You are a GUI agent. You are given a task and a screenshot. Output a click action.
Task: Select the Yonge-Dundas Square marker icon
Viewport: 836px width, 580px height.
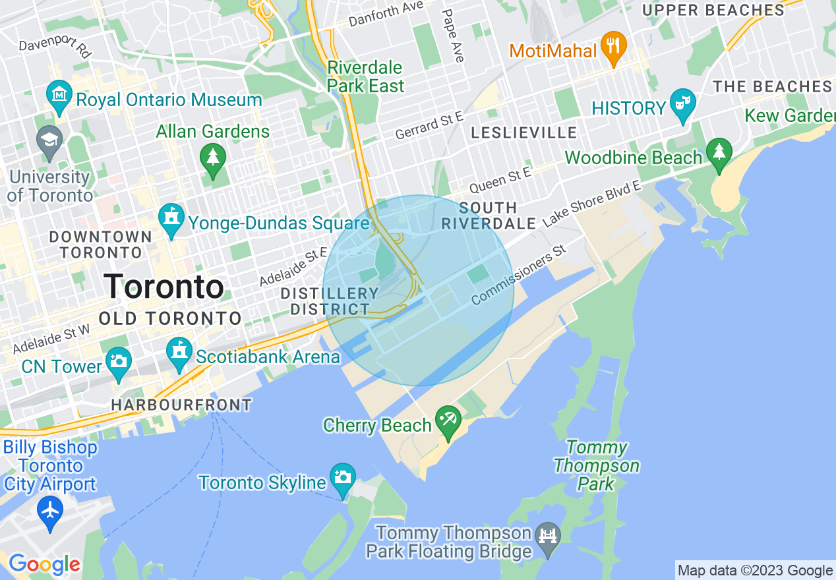point(171,221)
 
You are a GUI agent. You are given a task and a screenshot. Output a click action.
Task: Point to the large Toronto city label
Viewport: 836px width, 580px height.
point(164,287)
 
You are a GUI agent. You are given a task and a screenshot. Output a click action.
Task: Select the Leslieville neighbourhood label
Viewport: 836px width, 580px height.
point(524,133)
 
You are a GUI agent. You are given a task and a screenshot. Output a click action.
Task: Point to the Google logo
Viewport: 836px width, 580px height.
point(44,564)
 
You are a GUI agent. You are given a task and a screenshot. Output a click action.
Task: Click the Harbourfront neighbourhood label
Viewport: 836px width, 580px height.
point(181,405)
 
